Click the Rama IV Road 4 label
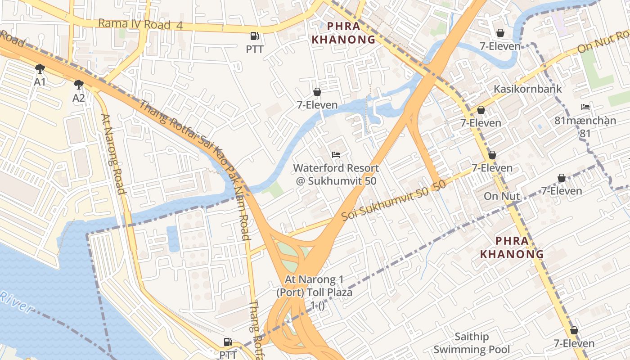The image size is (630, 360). click(140, 24)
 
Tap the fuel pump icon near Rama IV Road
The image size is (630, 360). click(255, 36)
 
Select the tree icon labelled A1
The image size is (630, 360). click(40, 69)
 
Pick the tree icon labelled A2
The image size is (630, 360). click(79, 85)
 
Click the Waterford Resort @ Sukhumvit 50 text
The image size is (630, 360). click(336, 175)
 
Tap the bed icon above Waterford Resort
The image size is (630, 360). click(336, 155)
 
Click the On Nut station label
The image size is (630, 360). click(502, 196)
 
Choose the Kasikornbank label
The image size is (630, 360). click(528, 89)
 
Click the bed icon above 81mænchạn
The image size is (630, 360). click(585, 107)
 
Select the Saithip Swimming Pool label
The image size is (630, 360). click(471, 343)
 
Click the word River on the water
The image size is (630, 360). click(17, 302)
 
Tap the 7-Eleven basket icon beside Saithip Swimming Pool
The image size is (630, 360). click(574, 331)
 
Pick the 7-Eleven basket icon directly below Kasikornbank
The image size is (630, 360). click(481, 110)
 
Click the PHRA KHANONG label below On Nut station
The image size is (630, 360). click(512, 247)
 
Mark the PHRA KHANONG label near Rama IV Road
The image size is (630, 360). click(342, 33)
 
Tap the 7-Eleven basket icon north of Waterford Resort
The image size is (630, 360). click(317, 92)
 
